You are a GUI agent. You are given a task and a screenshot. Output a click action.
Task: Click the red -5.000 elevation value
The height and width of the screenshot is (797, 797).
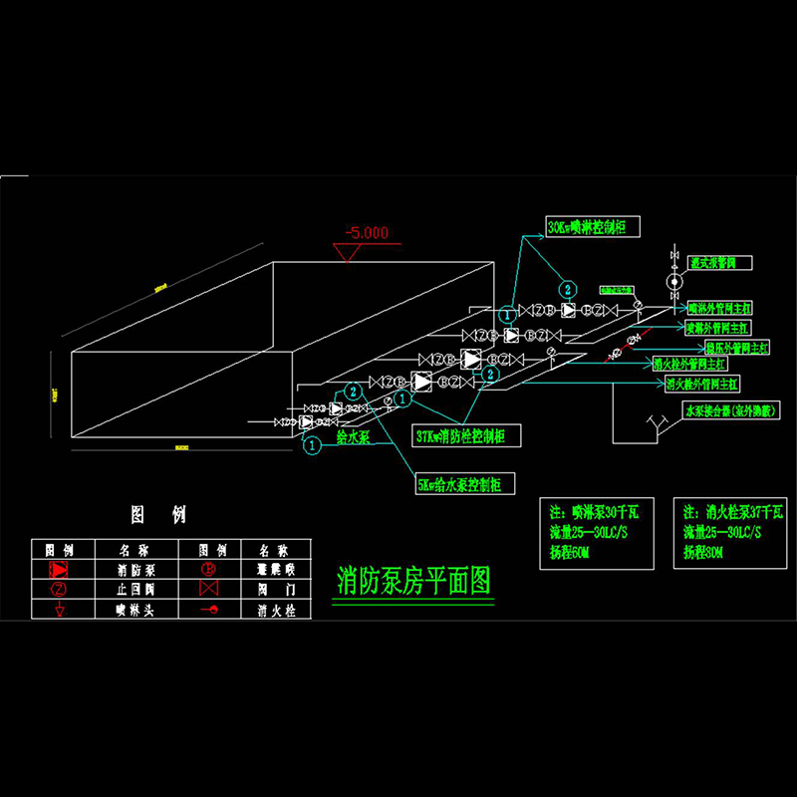click(x=366, y=233)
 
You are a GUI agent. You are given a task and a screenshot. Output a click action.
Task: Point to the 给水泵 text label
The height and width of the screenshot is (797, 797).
click(x=353, y=437)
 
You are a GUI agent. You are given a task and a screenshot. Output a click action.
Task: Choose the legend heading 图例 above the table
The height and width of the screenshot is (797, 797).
click(x=159, y=515)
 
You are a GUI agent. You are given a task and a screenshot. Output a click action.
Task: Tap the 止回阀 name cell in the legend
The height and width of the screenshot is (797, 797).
click(x=132, y=589)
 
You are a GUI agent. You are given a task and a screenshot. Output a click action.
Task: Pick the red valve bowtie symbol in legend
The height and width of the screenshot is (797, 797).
click(x=209, y=589)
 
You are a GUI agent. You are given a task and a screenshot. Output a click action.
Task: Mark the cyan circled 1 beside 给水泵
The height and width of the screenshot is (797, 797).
click(x=312, y=445)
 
